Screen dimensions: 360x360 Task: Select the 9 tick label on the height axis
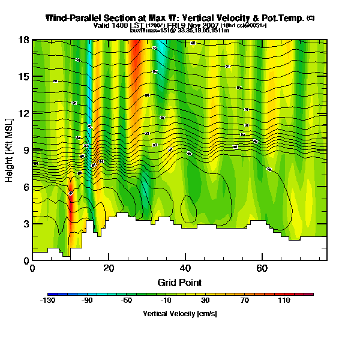[x=26, y=150]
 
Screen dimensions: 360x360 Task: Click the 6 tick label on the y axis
[x=26, y=187]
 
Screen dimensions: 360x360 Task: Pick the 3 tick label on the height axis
[x=26, y=223]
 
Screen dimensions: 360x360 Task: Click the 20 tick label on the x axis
[x=109, y=268]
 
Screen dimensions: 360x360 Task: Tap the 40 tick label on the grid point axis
[x=185, y=268]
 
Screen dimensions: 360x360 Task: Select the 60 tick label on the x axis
[x=262, y=268]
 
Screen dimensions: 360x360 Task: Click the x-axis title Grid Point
[x=179, y=282]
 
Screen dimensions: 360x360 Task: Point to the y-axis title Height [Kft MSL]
[x=11, y=150]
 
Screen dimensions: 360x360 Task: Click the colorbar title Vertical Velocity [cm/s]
[x=179, y=313]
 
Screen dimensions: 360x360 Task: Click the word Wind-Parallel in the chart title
[x=71, y=19]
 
